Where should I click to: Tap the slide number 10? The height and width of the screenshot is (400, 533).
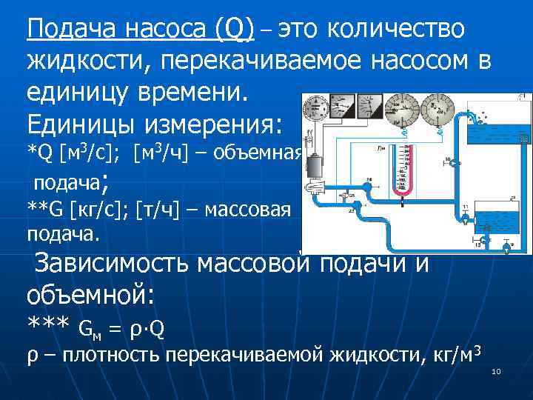(x=496, y=370)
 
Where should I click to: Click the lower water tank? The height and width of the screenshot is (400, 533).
(x=497, y=218)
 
